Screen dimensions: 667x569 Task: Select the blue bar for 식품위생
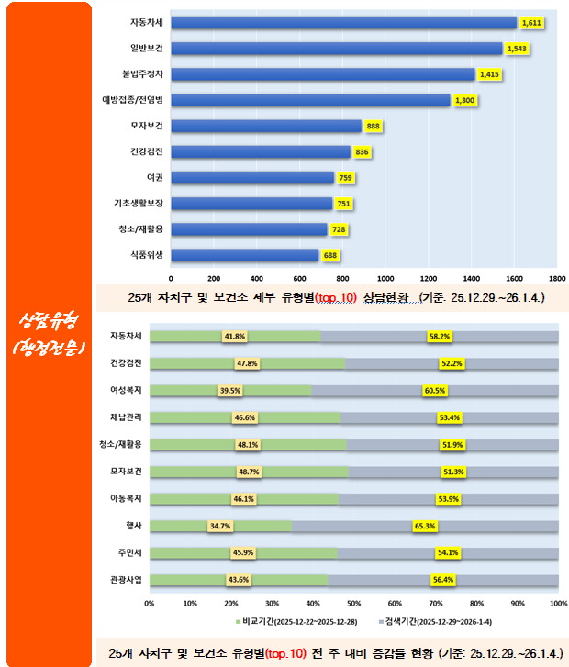coord(244,255)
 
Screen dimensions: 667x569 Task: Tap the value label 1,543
coord(517,48)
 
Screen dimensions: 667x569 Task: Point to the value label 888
coord(374,126)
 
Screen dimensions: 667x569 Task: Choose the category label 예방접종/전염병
coord(133,100)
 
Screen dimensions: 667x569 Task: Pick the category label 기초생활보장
coord(139,203)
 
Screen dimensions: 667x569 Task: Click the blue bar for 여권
coord(252,177)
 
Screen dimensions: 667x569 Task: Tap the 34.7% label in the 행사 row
coord(221,526)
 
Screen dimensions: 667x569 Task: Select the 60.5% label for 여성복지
coord(436,390)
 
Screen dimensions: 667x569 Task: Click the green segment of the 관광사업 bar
coord(239,580)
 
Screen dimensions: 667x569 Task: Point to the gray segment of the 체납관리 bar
coord(450,417)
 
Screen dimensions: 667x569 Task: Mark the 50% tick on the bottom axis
coord(354,603)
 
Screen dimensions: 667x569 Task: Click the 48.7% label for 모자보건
coord(249,472)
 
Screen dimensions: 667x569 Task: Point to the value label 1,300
coord(464,100)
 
